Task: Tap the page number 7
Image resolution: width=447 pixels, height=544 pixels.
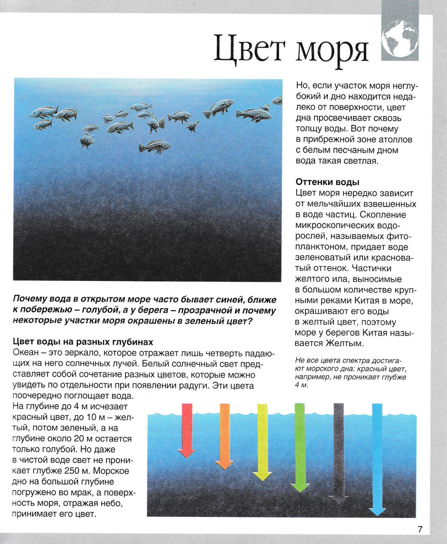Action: (x=420, y=529)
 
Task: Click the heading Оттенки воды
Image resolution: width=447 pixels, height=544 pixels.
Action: (x=327, y=182)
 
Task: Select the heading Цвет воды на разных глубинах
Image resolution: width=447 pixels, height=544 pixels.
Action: (x=83, y=342)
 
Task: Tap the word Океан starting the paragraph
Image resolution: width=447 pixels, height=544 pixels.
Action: (x=26, y=353)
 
